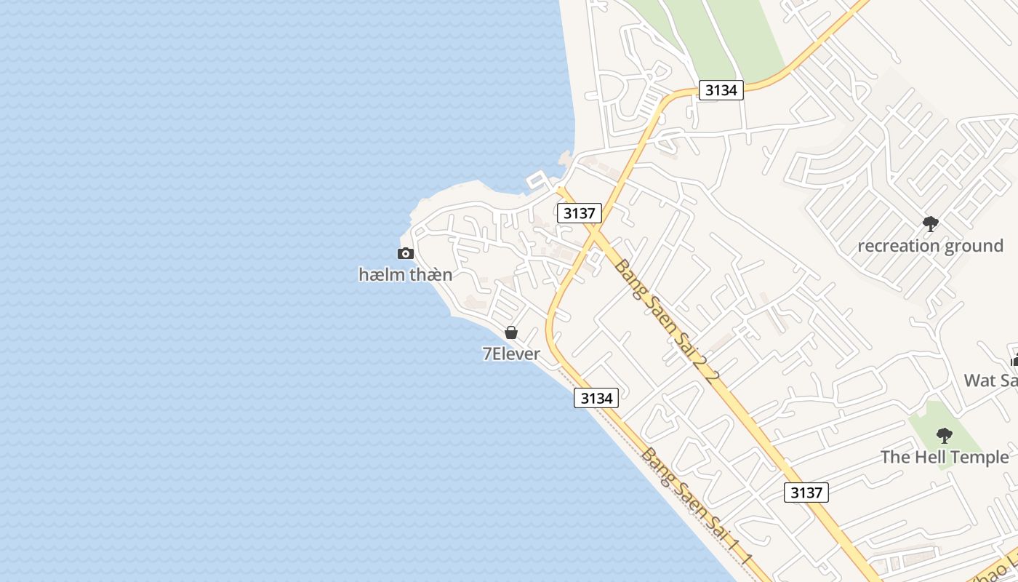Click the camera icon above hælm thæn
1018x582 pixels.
pos(406,253)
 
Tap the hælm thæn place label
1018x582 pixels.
pos(406,275)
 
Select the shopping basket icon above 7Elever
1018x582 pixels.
pos(511,332)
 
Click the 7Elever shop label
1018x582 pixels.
pos(511,354)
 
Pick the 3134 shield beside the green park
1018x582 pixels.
pos(721,90)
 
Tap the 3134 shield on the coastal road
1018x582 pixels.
pos(596,398)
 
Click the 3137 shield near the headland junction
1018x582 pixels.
pos(579,213)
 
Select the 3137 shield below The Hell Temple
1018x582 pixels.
pos(806,493)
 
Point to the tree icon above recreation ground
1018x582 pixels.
pos(930,224)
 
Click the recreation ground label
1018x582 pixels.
pos(930,246)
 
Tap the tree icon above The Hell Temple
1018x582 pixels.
pos(944,436)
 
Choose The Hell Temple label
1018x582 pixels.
pos(944,458)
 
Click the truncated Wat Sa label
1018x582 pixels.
pos(990,380)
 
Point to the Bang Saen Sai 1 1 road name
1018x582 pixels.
pos(696,507)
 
